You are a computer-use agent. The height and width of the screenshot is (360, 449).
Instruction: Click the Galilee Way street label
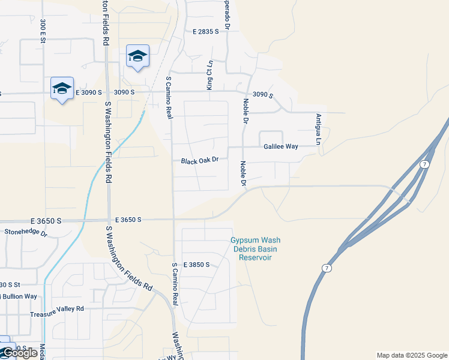(x=281, y=146)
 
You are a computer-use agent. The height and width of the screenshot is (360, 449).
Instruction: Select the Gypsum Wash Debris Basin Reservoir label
(x=255, y=249)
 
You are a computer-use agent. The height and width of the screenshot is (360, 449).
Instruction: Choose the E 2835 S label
(x=205, y=32)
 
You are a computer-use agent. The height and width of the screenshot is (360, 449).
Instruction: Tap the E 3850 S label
(x=196, y=265)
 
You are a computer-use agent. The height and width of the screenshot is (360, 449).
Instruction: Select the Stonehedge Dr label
(x=25, y=232)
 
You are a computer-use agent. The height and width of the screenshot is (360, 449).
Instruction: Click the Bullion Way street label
(x=19, y=296)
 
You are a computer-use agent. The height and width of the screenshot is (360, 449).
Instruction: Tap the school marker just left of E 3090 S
(x=62, y=89)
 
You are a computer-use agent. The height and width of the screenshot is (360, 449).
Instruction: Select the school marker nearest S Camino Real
(x=137, y=56)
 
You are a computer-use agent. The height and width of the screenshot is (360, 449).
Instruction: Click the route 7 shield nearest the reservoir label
(x=326, y=268)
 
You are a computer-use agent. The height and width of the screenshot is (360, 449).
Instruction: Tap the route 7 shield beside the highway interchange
(x=424, y=164)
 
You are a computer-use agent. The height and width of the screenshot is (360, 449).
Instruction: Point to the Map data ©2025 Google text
(x=411, y=355)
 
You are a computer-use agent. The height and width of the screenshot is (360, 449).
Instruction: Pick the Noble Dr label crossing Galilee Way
(x=243, y=173)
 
